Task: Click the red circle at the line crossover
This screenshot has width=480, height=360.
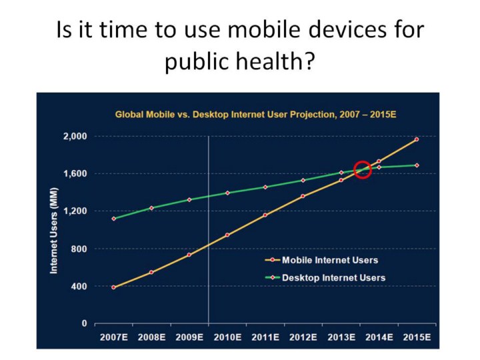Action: pyautogui.click(x=363, y=169)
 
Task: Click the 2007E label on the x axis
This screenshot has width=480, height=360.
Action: pyautogui.click(x=113, y=337)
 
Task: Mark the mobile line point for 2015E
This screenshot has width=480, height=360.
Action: pyautogui.click(x=417, y=139)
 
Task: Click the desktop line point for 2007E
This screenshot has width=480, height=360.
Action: pyautogui.click(x=113, y=219)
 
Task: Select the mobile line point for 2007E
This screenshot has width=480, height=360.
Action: pyautogui.click(x=113, y=287)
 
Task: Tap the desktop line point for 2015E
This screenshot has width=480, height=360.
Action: pyautogui.click(x=417, y=165)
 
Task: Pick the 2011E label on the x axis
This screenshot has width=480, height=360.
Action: pyautogui.click(x=265, y=337)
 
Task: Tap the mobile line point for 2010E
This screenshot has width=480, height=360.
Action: pyautogui.click(x=227, y=235)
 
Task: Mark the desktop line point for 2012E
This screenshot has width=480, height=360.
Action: pyautogui.click(x=303, y=180)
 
